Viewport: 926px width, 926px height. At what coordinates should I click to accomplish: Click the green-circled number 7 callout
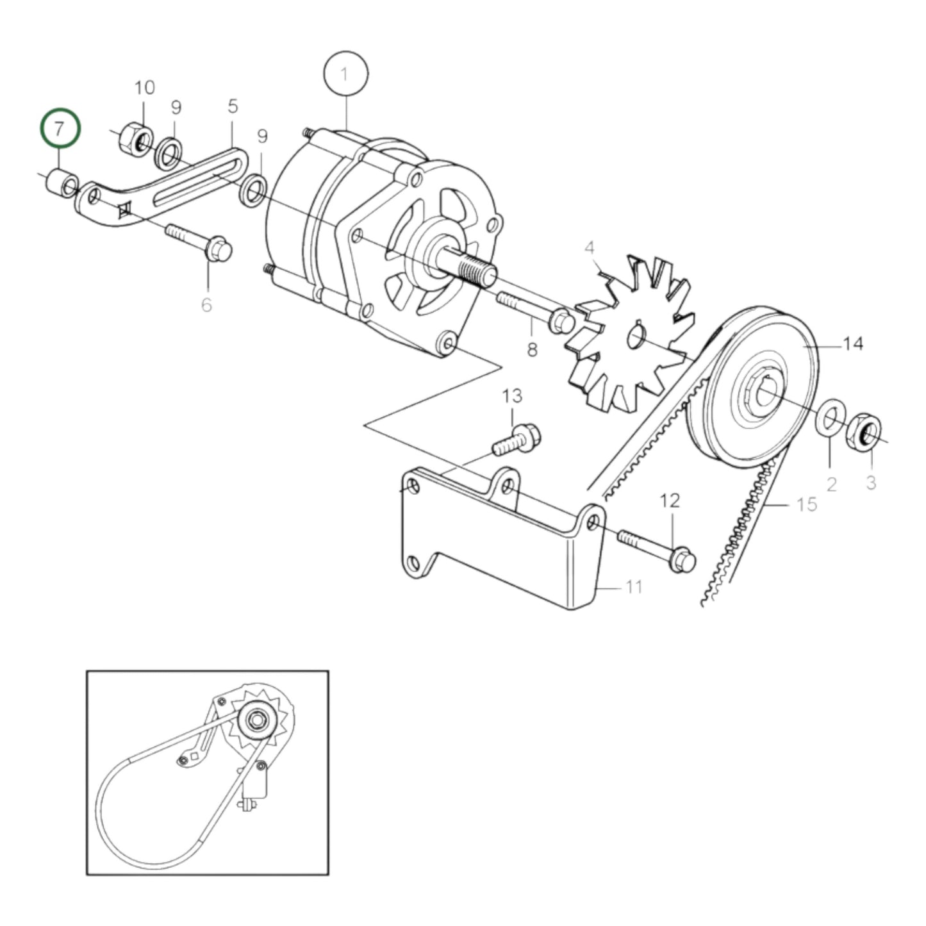point(60,129)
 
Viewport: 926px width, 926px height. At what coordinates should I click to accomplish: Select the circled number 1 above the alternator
point(346,75)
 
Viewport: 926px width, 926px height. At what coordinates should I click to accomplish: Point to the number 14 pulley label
point(852,345)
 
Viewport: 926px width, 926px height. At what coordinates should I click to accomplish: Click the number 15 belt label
point(807,505)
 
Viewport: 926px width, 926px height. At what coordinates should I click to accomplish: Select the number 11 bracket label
point(633,586)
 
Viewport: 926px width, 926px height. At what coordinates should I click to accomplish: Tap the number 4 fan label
point(589,248)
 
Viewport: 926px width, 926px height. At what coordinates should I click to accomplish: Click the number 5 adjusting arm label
point(232,106)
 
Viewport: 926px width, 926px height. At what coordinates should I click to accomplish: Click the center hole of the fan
point(636,335)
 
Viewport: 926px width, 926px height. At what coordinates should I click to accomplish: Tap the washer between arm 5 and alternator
point(252,190)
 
